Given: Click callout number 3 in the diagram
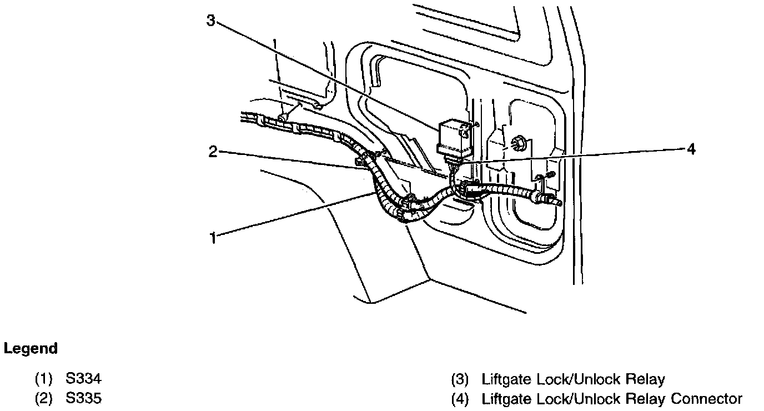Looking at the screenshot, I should pos(210,21).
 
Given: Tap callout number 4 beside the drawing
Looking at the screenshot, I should pos(690,149).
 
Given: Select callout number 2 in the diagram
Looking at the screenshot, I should pos(213,151).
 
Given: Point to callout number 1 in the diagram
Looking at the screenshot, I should pos(213,238).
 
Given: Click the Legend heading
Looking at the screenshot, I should pos(31,349).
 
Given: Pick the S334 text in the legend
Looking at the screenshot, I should pos(83,380).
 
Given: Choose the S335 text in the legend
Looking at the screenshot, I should pos(83,398).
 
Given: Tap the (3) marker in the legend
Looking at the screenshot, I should pos(460,380).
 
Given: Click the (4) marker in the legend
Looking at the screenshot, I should pos(460,398).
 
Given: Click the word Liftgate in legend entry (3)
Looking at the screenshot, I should pos(506,380).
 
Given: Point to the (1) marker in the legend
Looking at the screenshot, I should pos(44,380).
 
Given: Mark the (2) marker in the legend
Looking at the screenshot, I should pos(44,398).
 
